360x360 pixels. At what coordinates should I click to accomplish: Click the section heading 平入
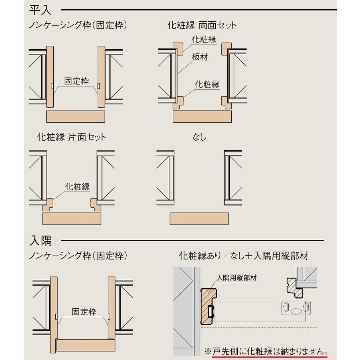tap(40, 9)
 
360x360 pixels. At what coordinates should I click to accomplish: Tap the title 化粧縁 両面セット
tap(202, 25)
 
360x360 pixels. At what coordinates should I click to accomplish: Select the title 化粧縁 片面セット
tap(71, 137)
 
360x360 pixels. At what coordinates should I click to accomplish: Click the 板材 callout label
tap(200, 57)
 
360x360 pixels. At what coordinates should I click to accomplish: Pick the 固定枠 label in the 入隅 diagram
tap(83, 311)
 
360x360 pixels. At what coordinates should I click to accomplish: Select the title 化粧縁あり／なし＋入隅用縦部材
tap(243, 256)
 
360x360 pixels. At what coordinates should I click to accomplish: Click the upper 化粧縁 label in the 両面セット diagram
tap(204, 39)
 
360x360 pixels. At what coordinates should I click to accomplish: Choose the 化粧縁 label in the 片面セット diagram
tap(77, 186)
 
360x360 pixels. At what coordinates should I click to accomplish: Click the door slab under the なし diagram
tap(199, 218)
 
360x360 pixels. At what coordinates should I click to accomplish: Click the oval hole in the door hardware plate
tap(295, 311)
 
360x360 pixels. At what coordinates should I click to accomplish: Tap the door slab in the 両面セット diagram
tap(202, 116)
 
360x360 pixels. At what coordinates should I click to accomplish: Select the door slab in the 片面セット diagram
tap(72, 219)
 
